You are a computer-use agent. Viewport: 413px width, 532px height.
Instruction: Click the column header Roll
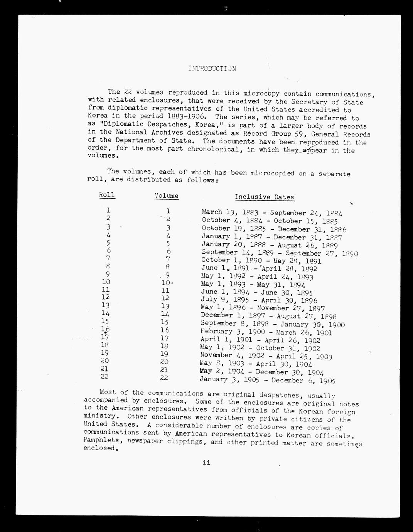pos(107,195)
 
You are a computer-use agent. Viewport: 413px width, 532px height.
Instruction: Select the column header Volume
pos(167,195)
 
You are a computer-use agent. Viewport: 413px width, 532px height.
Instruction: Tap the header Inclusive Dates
pos(264,197)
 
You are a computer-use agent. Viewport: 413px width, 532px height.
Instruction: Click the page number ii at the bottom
pos(206,463)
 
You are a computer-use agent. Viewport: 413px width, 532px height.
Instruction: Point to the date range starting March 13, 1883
pos(272,212)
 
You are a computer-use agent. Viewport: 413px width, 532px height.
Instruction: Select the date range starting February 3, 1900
pos(266,332)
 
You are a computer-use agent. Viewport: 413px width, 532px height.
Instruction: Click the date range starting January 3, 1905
pos(267,380)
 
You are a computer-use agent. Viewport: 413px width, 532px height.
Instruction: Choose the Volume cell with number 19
pos(164,354)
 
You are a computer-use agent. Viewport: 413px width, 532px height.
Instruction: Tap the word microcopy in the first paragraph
pos(263,93)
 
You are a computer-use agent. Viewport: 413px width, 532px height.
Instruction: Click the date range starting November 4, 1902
pos(266,356)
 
